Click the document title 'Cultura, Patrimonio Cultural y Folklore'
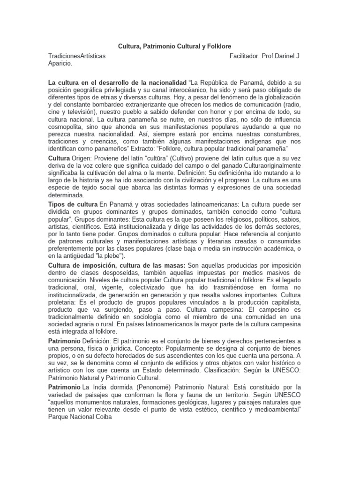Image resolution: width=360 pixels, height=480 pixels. [x=174, y=46]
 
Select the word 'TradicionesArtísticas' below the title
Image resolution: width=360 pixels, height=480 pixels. [x=77, y=56]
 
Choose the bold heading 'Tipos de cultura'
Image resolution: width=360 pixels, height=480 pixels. [x=73, y=205]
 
